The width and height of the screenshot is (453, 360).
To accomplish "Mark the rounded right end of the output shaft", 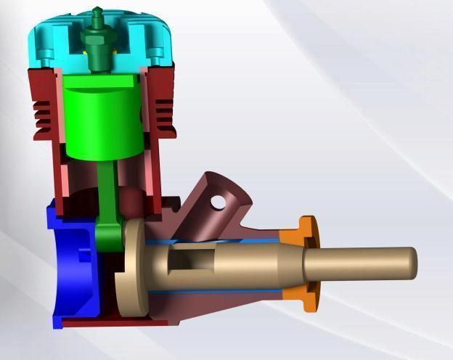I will coord(412,263).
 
